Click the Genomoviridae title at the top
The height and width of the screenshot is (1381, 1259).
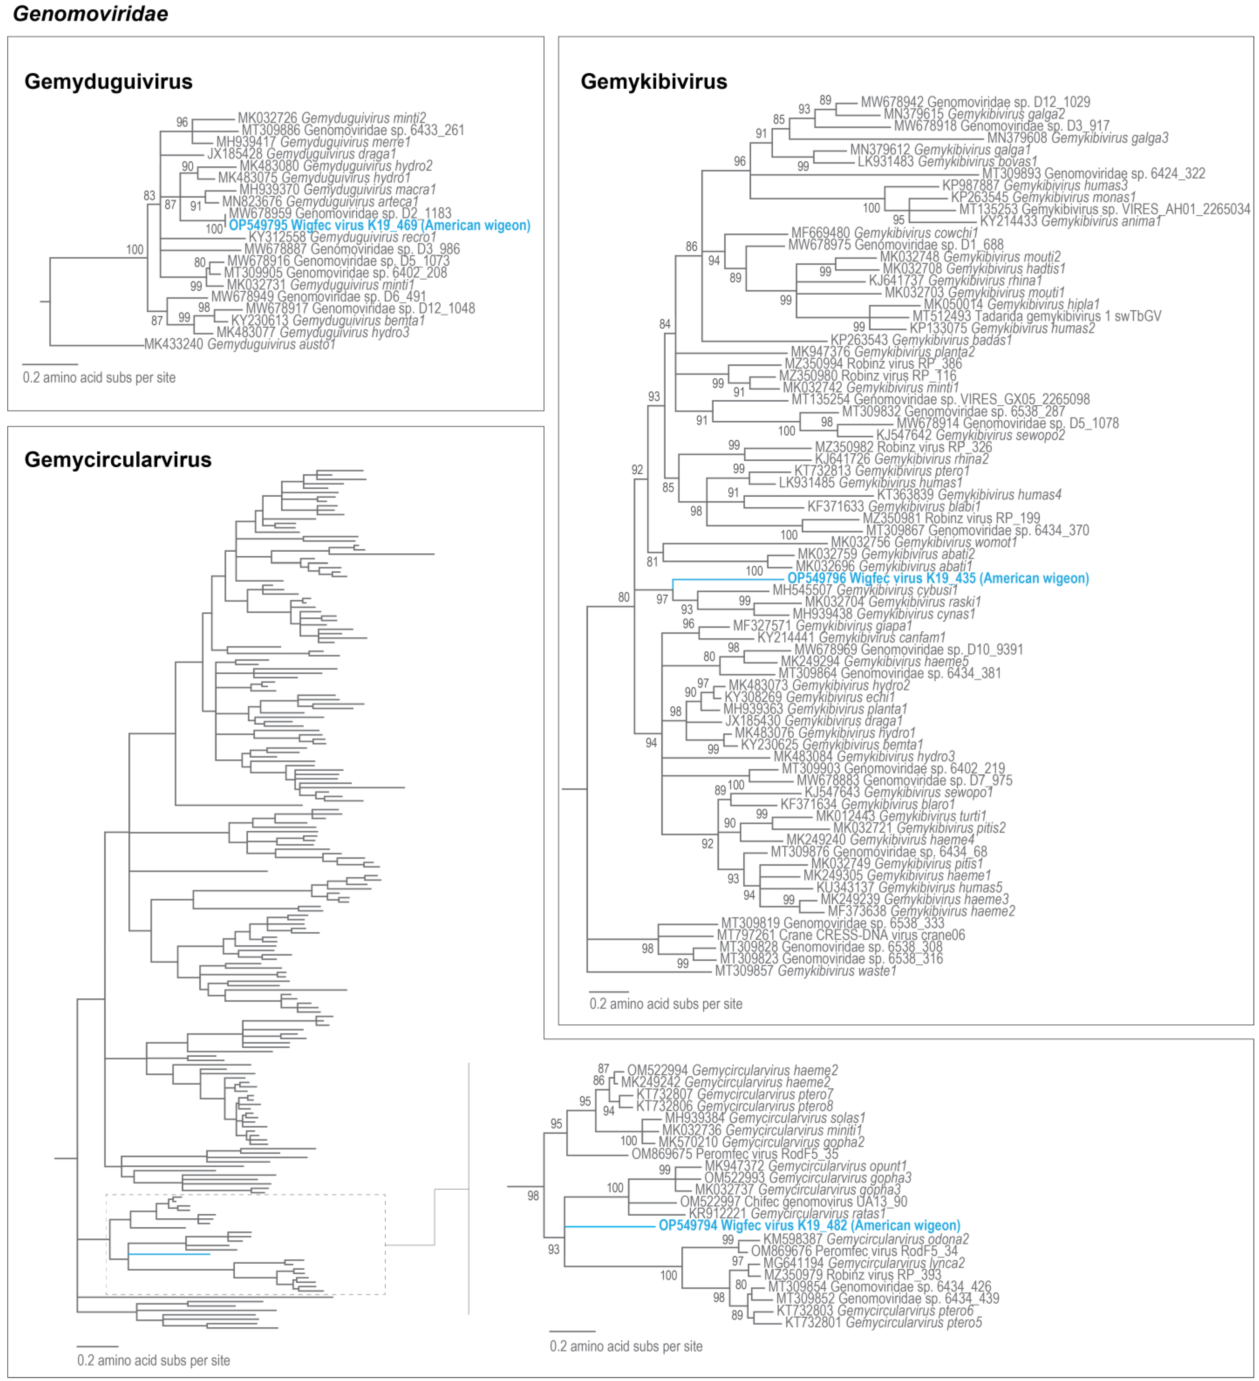(90, 14)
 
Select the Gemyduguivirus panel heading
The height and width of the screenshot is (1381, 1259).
(108, 82)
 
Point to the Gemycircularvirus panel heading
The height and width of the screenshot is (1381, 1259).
(118, 460)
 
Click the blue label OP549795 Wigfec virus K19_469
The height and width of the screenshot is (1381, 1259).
(379, 225)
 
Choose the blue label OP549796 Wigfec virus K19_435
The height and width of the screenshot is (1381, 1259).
(938, 578)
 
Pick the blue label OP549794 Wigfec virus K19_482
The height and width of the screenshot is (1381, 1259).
(809, 1226)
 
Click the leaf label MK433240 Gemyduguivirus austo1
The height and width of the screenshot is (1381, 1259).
(240, 344)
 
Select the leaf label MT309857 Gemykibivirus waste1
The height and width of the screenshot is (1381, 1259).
(805, 971)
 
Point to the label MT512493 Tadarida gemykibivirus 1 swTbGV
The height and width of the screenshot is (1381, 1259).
(1036, 316)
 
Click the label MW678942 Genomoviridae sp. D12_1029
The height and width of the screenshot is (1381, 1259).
(975, 102)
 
